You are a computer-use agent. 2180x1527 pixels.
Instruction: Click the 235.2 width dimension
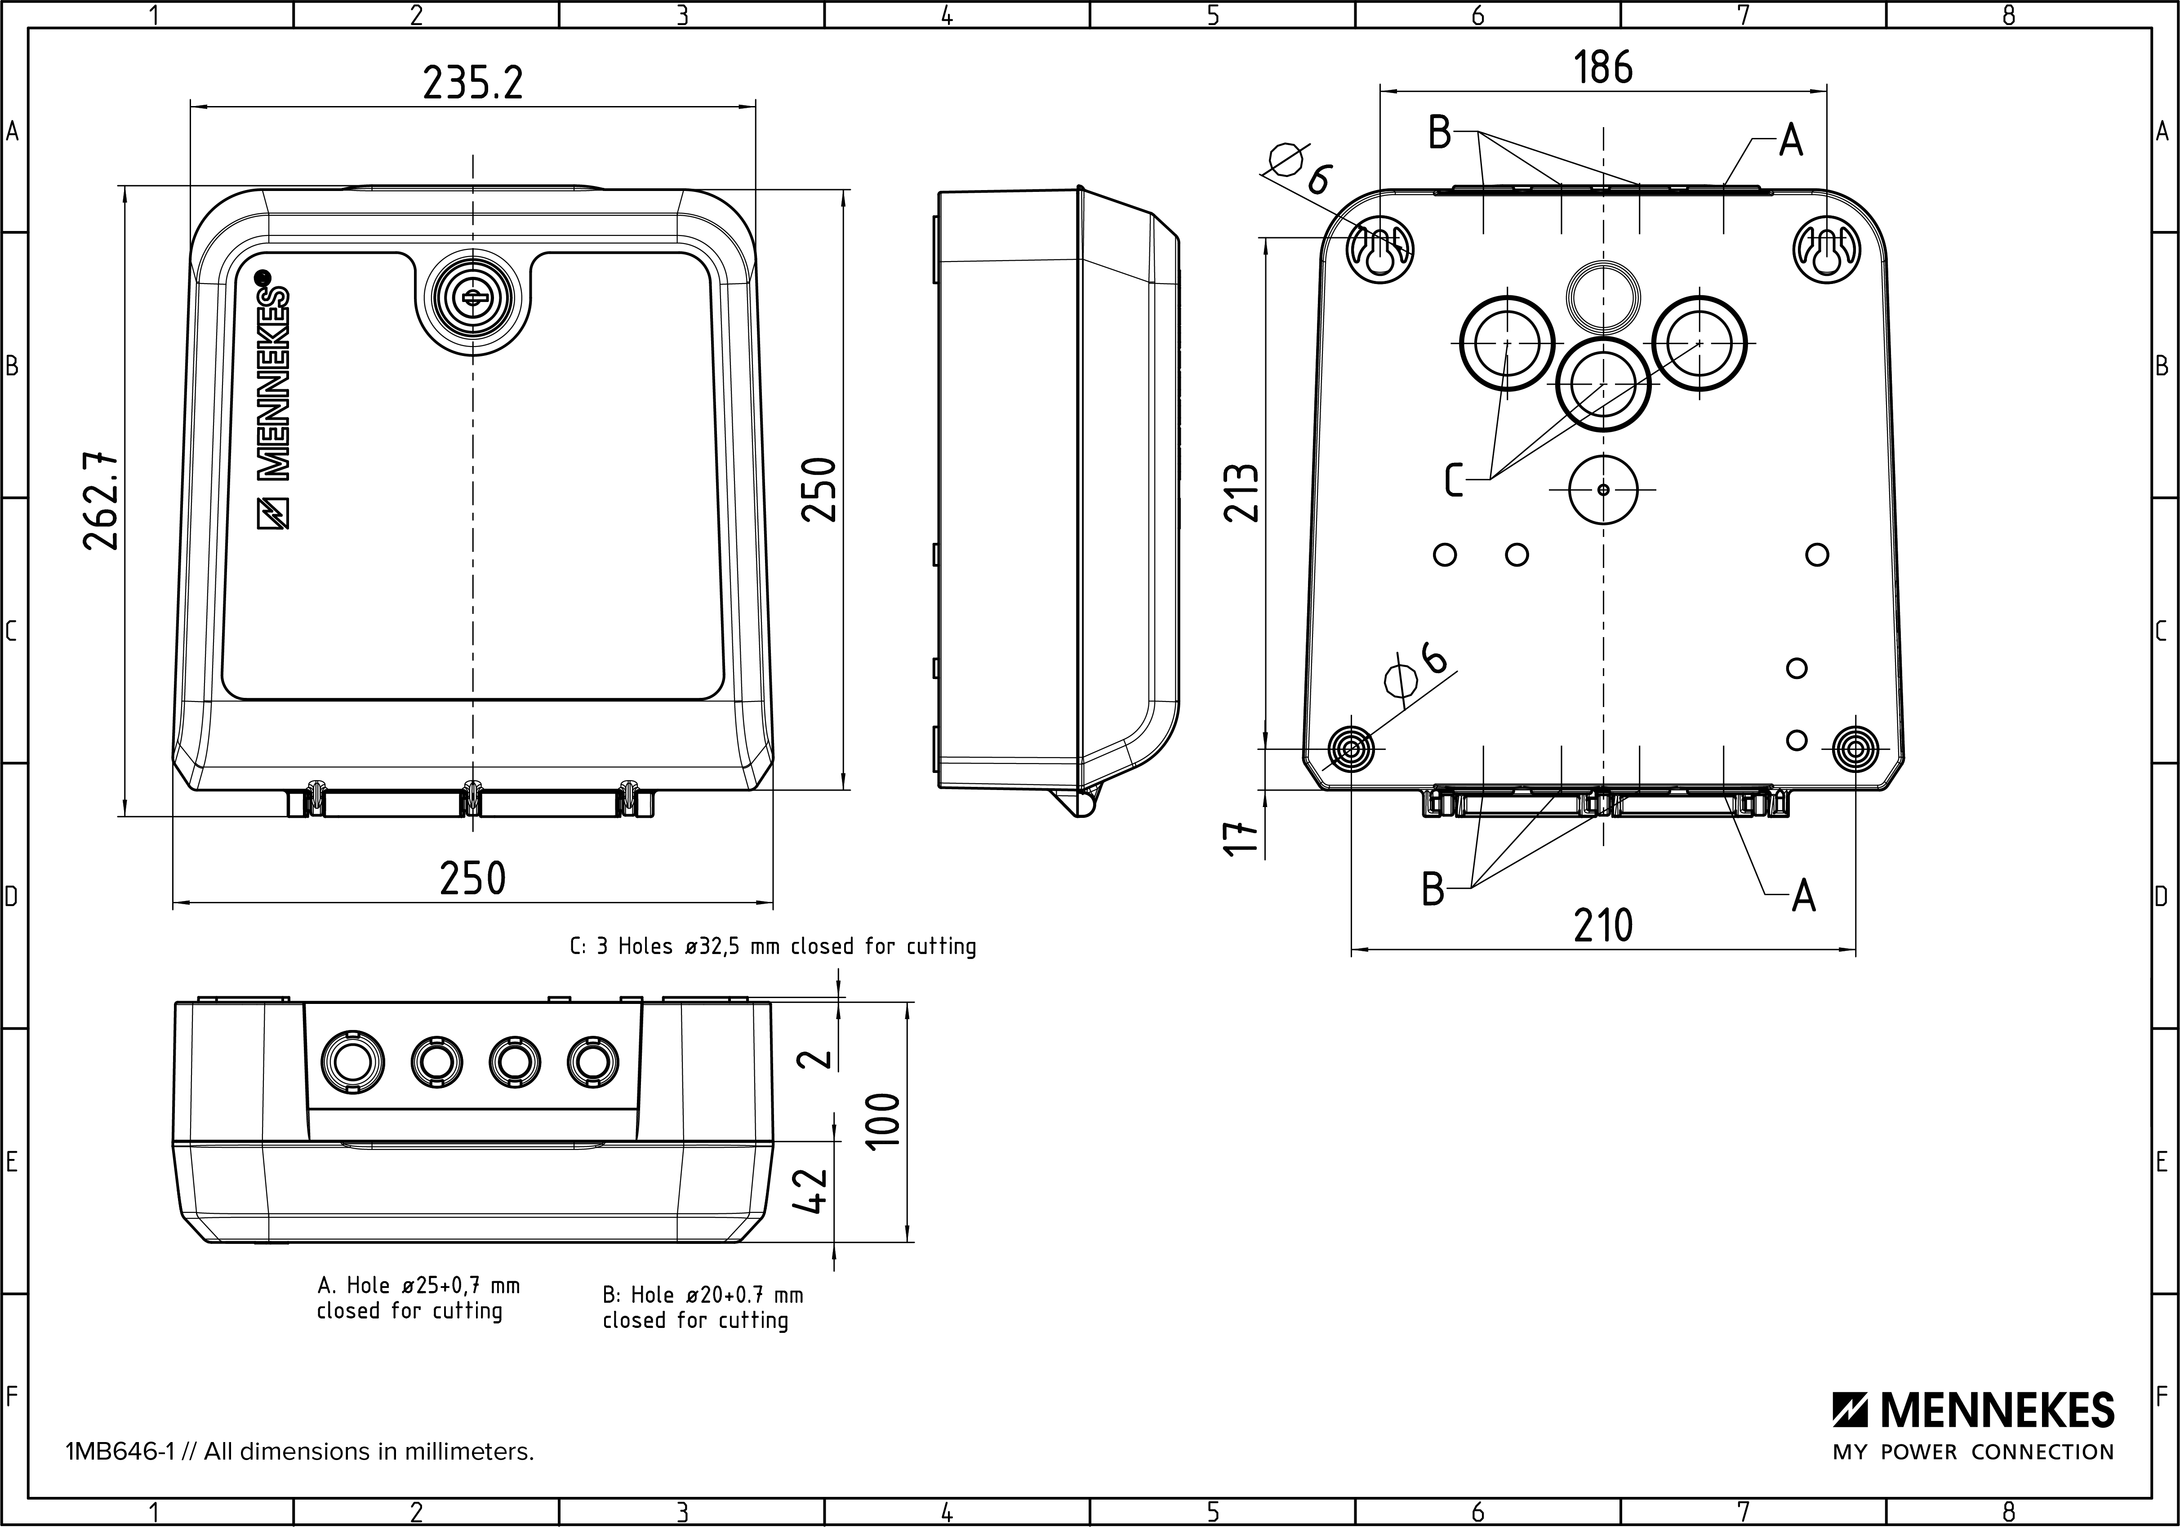(x=472, y=84)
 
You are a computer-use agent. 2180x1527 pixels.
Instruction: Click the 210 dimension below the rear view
(x=1603, y=925)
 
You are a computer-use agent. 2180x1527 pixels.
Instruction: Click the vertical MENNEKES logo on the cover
(x=273, y=399)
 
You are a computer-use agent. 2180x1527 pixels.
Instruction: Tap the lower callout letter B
(x=1433, y=889)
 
